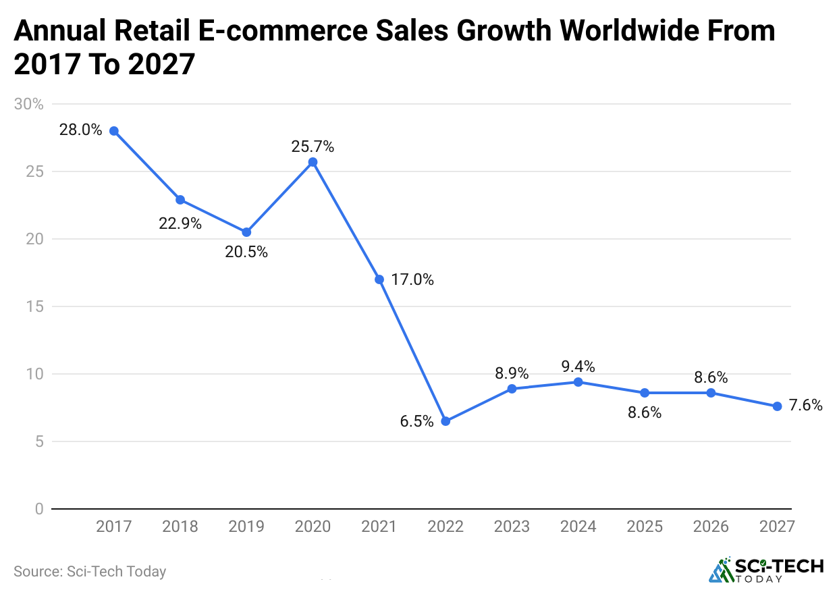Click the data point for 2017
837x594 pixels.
(114, 131)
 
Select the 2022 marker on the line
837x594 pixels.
(446, 421)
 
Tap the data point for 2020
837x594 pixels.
(313, 162)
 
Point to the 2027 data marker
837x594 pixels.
(777, 406)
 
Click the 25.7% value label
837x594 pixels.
(313, 146)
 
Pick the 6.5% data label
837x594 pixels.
(416, 422)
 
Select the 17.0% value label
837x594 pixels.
(412, 279)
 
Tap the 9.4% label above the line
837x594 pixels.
(578, 367)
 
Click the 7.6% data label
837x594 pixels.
(806, 406)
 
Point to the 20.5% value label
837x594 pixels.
(246, 252)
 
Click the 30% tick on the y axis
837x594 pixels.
(28, 104)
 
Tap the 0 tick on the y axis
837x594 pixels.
(39, 509)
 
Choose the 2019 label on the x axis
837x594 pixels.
(246, 526)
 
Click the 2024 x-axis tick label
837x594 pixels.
(578, 526)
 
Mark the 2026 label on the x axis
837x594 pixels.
(711, 526)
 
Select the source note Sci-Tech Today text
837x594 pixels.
(90, 571)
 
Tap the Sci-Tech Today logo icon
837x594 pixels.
(722, 571)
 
